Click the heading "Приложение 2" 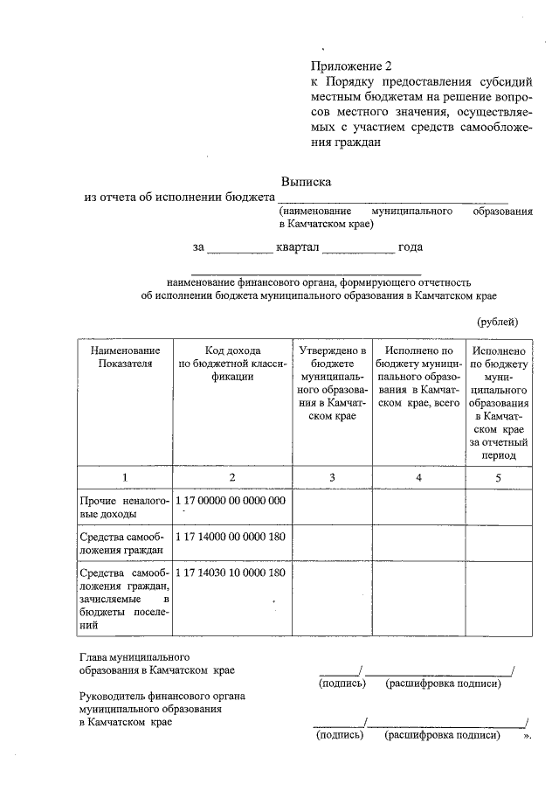[x=347, y=66]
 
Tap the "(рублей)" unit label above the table [x=499, y=322]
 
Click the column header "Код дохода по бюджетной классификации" [x=232, y=363]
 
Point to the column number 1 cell [x=125, y=477]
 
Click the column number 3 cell [x=332, y=477]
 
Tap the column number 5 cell [x=499, y=477]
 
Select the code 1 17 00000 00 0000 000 [x=231, y=501]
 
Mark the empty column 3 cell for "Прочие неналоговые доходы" [x=332, y=508]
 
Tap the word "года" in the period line [x=411, y=247]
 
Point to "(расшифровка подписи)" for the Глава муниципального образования [x=443, y=683]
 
